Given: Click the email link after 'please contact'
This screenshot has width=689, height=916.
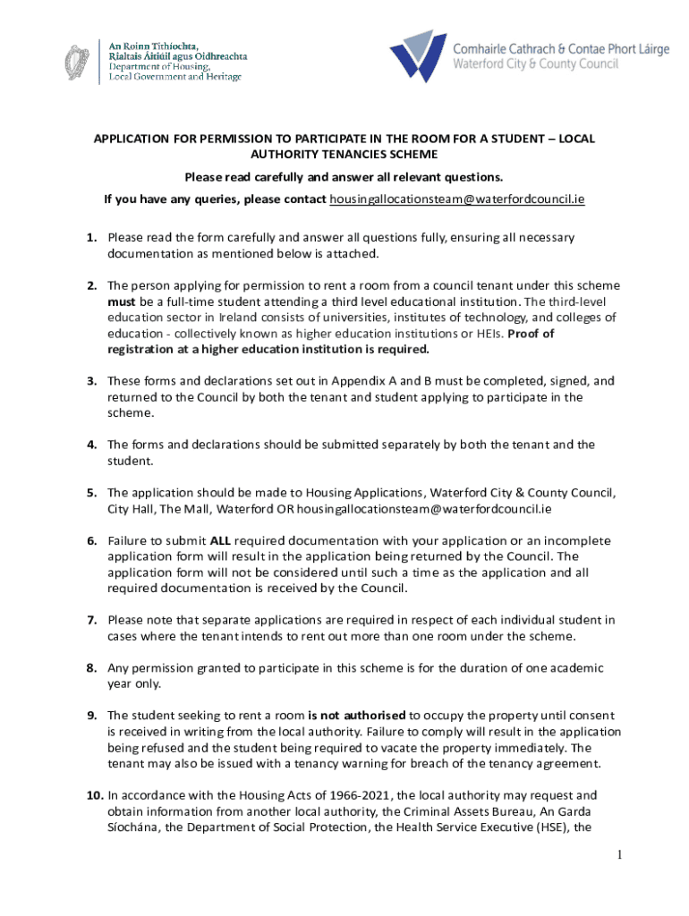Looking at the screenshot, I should (457, 199).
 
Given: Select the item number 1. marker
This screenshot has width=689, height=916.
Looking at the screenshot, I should (92, 238).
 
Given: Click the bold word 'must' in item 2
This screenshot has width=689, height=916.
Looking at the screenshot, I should (122, 301).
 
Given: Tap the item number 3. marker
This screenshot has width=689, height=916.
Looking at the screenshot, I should (92, 381).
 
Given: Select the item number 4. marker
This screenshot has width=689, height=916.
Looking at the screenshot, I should (92, 445).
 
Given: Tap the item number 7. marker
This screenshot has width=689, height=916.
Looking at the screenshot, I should (92, 620).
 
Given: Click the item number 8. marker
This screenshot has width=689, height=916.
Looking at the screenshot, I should (92, 668).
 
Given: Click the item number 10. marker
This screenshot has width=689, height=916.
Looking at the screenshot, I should (94, 795).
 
